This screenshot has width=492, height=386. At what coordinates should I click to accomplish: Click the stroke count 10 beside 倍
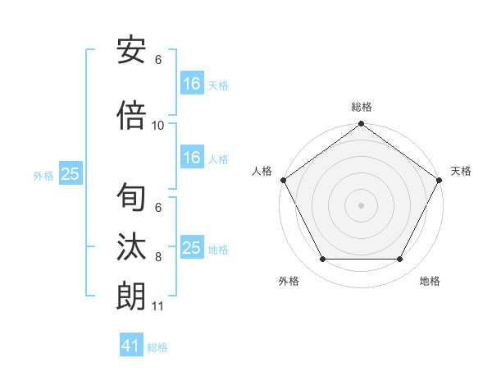158,126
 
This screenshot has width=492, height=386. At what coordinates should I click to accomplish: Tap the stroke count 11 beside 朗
158,306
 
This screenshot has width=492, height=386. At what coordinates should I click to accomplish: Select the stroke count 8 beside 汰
158,257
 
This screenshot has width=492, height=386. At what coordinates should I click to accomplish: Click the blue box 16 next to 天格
191,84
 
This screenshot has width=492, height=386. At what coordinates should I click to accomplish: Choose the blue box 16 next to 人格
191,159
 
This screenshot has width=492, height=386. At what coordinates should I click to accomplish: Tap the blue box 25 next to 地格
191,248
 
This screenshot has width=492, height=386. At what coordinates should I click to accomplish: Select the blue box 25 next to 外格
70,174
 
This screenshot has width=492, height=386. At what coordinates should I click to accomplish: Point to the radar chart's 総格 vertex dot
361,124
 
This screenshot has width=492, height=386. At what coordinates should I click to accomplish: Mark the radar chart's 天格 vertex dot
440,180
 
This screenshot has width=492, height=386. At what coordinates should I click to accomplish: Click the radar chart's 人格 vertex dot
283,180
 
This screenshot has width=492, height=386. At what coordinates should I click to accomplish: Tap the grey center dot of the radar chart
361,204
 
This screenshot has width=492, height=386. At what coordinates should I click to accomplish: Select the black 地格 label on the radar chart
430,282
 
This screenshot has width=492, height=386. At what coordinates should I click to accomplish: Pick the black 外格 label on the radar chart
289,282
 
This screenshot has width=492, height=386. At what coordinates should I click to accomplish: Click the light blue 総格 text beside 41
157,347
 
